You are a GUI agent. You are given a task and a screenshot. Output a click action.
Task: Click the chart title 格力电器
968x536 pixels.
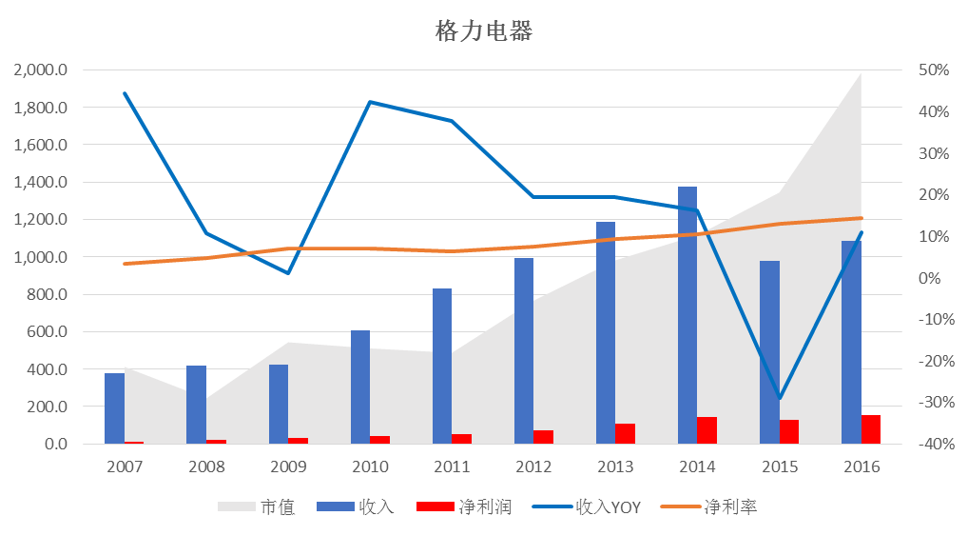pos(483,31)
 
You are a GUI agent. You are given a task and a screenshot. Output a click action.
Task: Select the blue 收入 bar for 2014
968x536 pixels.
pos(687,314)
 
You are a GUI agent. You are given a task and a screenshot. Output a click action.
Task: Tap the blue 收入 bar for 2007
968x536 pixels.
pos(114,407)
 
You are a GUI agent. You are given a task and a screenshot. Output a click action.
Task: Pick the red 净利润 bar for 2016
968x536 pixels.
pos(871,428)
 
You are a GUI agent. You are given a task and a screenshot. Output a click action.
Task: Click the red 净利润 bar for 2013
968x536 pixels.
pos(625,433)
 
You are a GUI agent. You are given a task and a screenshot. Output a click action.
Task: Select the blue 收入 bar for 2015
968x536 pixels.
pos(769,351)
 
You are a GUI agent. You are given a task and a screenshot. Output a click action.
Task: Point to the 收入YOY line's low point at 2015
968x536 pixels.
pos(780,398)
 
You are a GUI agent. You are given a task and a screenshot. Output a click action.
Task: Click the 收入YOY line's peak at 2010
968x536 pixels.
pos(370,102)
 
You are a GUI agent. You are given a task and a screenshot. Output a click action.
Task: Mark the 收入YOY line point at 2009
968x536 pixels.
pos(288,273)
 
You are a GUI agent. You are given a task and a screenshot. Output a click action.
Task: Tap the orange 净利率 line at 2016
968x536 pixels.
pos(862,218)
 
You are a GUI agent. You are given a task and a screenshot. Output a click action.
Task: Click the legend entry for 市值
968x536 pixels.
pos(257,506)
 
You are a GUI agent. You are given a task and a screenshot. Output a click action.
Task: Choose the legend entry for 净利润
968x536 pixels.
pos(466,506)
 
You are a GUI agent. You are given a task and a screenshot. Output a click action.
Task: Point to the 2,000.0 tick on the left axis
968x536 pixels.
pos(40,70)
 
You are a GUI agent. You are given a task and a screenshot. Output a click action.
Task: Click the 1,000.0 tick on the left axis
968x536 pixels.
pos(40,257)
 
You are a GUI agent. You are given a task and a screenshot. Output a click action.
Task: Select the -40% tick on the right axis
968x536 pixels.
pos(932,444)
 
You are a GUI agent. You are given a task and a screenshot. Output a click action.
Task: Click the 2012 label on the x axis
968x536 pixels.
pos(533,467)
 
